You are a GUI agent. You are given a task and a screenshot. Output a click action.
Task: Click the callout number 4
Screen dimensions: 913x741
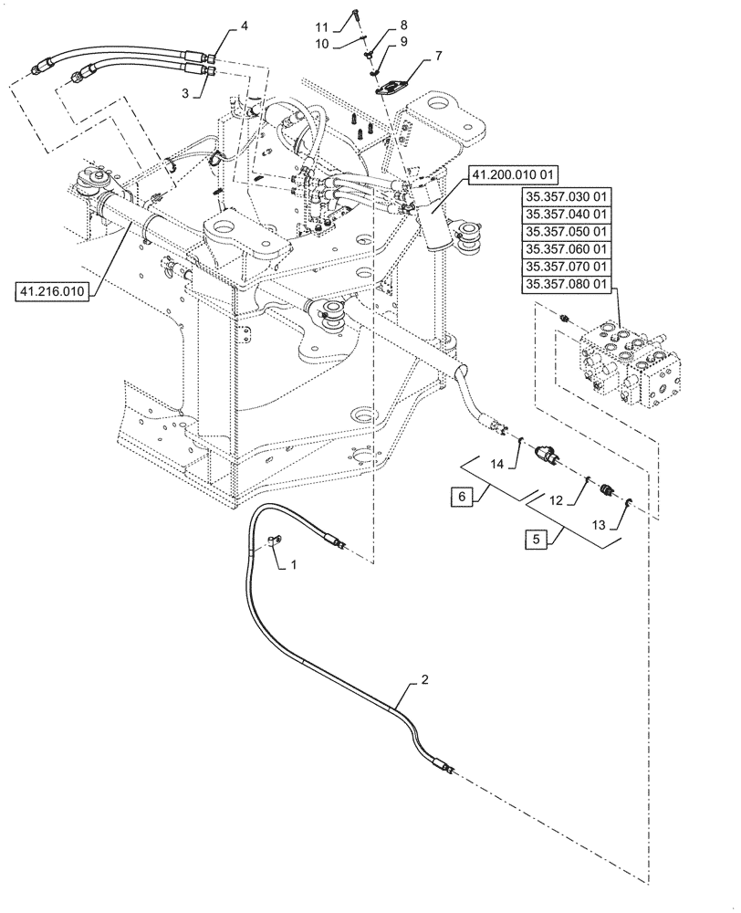[244, 28]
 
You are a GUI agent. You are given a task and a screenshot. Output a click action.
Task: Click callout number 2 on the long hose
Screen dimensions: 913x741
[423, 679]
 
